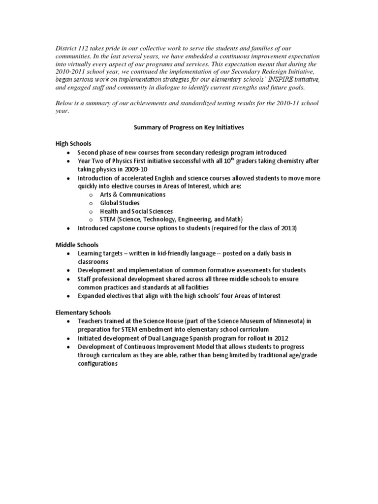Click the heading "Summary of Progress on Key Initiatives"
click(189, 127)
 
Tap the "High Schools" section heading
click(73, 144)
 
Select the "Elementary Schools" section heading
click(83, 313)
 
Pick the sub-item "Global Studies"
click(120, 203)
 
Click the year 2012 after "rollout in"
click(281, 338)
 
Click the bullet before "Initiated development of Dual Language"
click(67, 338)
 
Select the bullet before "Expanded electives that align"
click(67, 296)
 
